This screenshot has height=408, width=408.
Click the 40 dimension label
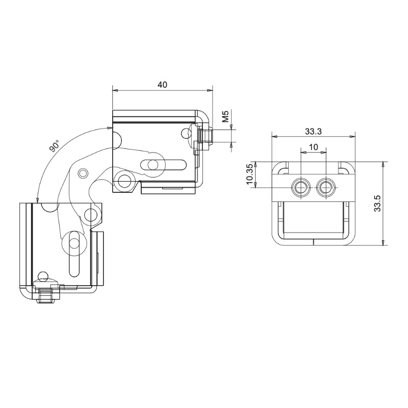(x=162, y=84)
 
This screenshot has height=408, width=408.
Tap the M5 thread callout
(x=225, y=116)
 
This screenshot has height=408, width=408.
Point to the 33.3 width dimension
(x=313, y=132)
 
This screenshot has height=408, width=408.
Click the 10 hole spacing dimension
(x=314, y=147)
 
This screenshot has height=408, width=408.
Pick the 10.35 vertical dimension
(x=249, y=174)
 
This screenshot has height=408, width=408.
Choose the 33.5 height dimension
(x=377, y=203)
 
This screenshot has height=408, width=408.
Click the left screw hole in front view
(x=301, y=187)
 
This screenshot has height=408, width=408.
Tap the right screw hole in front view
(x=325, y=187)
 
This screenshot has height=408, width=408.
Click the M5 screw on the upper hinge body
(x=206, y=136)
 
